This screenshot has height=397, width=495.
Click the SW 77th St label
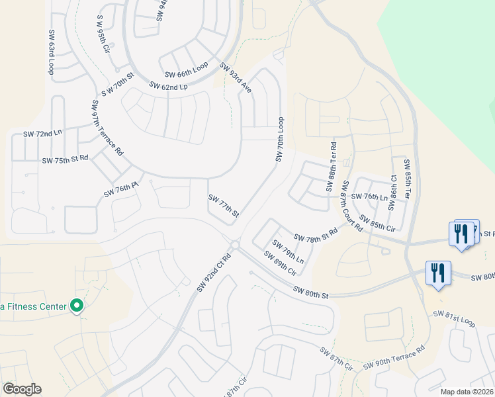pos(223,206)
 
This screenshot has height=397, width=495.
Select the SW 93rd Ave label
pos(236,79)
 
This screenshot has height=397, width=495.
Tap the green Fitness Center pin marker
pos(77,306)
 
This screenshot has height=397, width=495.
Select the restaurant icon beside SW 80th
pos(437,273)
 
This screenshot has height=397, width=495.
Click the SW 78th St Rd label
pos(316,235)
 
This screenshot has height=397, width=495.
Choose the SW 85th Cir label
pos(377,223)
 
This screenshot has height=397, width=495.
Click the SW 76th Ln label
pos(369,197)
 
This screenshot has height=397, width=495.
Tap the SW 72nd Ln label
pos(42,133)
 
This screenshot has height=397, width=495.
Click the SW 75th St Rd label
pos(65,160)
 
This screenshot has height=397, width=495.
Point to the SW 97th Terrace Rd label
pos(108,127)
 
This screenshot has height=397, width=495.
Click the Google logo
pos(22,389)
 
